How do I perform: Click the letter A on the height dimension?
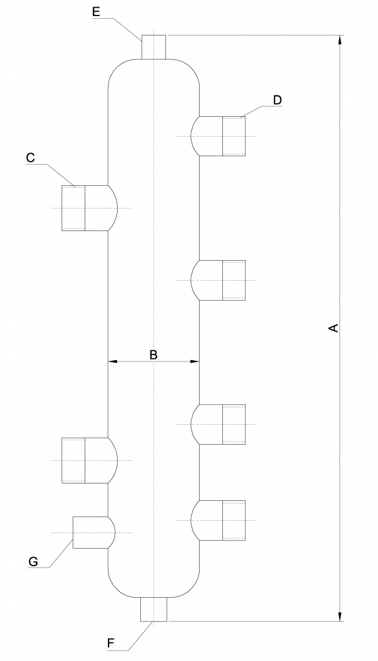[333, 328]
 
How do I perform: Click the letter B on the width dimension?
[154, 354]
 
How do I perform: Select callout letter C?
[30, 158]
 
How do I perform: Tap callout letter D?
[277, 100]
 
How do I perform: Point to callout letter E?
[96, 12]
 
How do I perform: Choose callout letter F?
[111, 644]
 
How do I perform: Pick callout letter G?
[33, 562]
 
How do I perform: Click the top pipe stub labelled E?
[154, 47]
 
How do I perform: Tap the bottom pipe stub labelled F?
[154, 609]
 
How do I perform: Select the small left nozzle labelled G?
[94, 533]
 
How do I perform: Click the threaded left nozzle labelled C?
[89, 208]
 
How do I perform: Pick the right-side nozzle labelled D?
[218, 136]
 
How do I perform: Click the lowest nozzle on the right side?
[218, 521]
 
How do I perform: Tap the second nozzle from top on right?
[218, 280]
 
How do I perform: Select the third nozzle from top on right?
[218, 424]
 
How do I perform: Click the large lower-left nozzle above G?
[89, 460]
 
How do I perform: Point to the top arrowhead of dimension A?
[340, 39]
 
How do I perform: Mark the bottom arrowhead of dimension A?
[340, 616]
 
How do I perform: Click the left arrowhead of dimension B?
[112, 361]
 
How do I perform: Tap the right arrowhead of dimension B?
[194, 361]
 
